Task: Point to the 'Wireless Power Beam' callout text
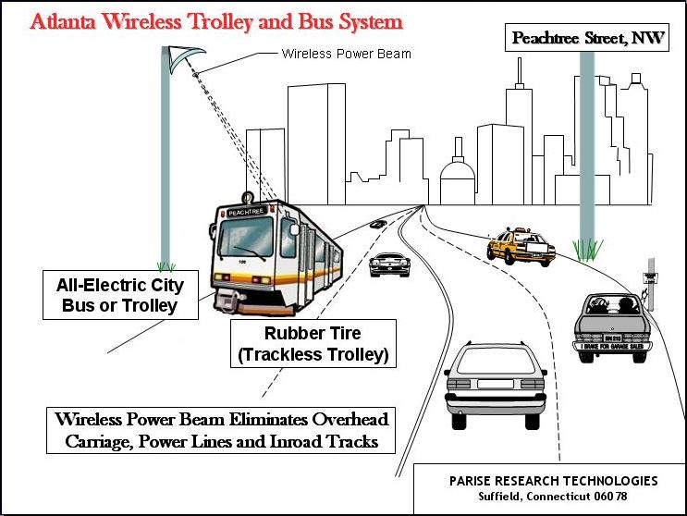pyautogui.click(x=346, y=55)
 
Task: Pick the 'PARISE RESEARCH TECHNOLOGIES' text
pyautogui.click(x=554, y=481)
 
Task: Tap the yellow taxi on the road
pyautogui.click(x=519, y=246)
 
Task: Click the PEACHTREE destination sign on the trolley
pyautogui.click(x=245, y=213)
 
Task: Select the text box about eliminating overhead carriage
pyautogui.click(x=221, y=429)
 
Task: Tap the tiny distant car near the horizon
pyautogui.click(x=378, y=225)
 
